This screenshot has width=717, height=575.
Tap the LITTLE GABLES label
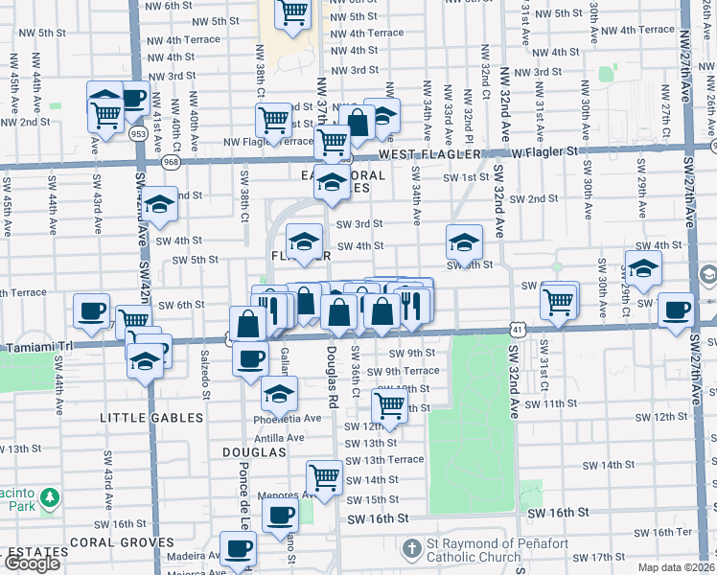point(152,418)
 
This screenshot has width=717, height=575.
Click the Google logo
point(32,563)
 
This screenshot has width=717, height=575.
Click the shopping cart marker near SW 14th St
point(324,476)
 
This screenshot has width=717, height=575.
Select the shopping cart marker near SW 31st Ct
point(559,300)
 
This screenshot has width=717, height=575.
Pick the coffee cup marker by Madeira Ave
point(239,549)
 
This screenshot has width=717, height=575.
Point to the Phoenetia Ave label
point(287,418)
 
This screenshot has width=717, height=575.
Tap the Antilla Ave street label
point(278,438)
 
